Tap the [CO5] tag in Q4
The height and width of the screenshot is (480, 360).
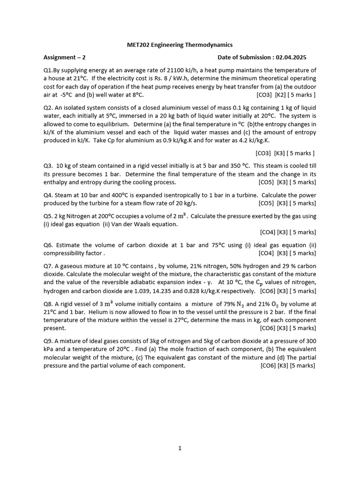[x=266, y=203]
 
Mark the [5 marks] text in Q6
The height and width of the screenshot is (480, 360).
[x=303, y=253]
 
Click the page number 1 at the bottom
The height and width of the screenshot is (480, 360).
[x=180, y=449]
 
